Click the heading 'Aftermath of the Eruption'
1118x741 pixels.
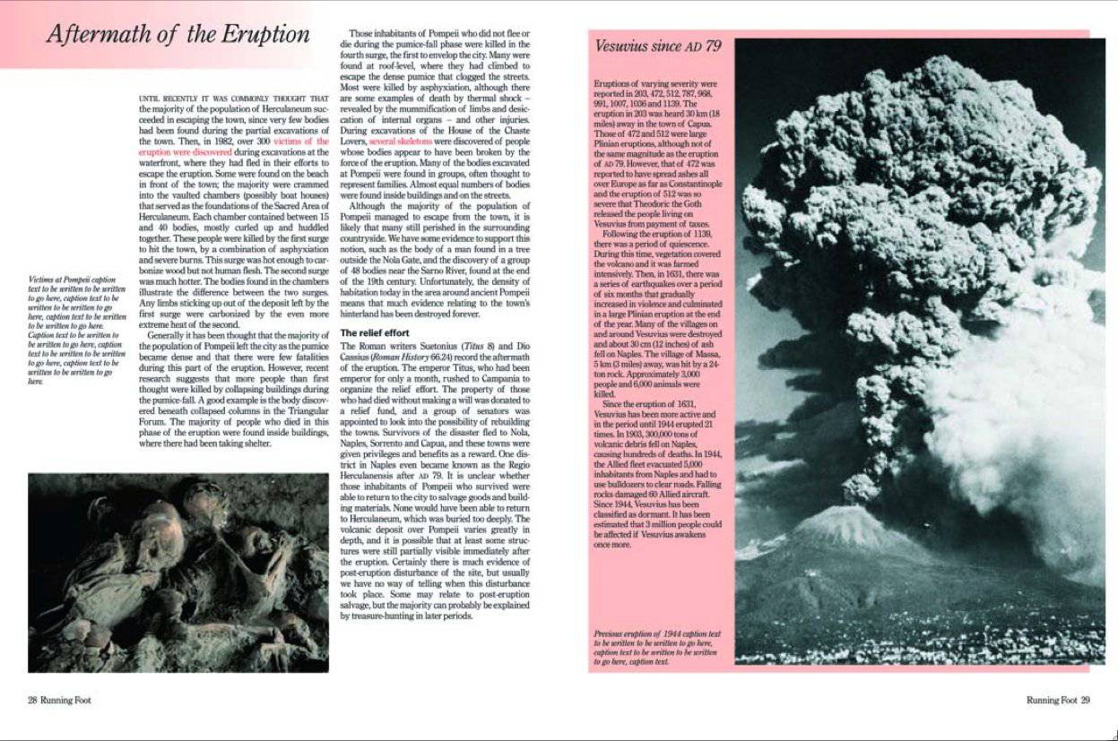(x=178, y=35)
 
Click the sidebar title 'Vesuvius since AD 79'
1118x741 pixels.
(x=658, y=47)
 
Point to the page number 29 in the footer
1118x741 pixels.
(x=1085, y=700)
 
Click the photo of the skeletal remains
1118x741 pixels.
(x=178, y=573)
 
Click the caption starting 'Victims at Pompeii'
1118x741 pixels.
(x=77, y=329)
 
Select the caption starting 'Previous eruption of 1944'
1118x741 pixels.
(x=656, y=647)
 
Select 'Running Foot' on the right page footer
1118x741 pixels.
(x=1051, y=700)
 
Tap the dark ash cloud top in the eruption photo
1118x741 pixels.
(x=897, y=90)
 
